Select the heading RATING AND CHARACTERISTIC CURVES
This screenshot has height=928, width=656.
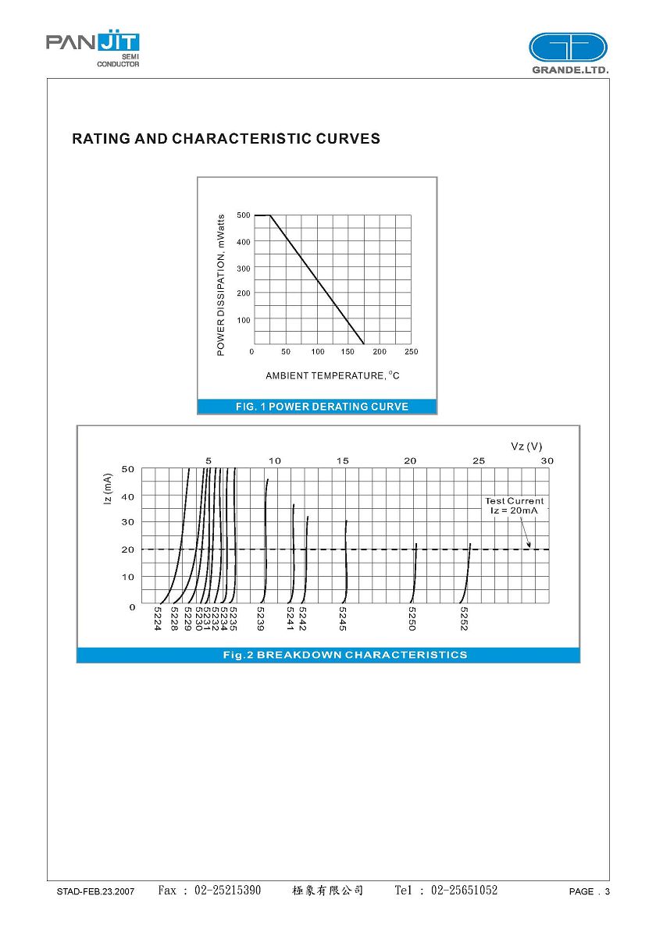pos(226,139)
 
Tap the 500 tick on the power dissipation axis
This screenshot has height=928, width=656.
pos(244,215)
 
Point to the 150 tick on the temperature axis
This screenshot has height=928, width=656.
pos(348,352)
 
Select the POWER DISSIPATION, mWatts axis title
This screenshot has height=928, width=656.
pos(221,285)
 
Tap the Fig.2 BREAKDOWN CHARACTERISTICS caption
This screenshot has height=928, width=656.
pos(344,655)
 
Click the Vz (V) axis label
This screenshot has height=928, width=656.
pos(526,446)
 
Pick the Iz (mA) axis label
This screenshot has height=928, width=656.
pos(109,489)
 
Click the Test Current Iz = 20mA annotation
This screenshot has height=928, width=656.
pos(514,505)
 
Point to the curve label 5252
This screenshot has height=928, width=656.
pos(464,618)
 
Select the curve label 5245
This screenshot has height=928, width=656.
pos(343,618)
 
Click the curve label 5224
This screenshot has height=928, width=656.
pos(158,618)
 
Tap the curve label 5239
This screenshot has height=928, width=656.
pos(261,618)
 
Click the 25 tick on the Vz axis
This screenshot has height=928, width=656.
pos(478,460)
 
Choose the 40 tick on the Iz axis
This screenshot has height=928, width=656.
pos(127,496)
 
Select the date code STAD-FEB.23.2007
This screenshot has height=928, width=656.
pos(95,891)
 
